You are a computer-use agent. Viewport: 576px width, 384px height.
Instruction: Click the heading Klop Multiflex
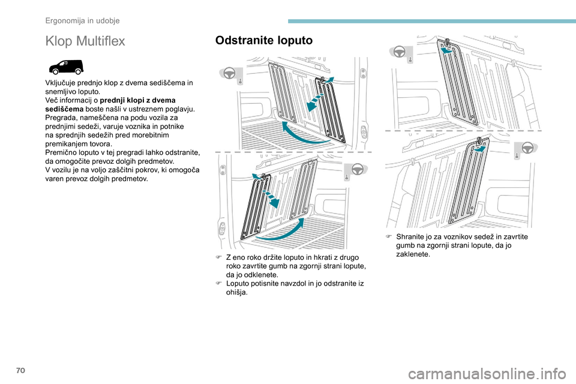(x=85, y=41)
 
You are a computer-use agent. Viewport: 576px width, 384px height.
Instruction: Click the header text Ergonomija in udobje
(x=83, y=20)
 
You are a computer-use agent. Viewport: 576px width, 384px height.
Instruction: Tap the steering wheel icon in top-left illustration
(x=229, y=73)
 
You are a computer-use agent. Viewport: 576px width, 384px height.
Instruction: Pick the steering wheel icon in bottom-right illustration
(x=529, y=147)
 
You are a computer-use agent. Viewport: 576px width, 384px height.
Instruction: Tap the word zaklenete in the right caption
(x=413, y=254)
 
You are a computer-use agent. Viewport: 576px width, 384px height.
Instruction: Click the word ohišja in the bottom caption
(x=236, y=293)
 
